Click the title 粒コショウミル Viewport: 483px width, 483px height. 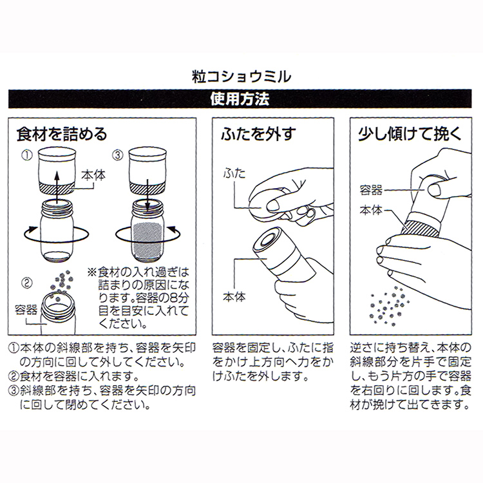click(241, 76)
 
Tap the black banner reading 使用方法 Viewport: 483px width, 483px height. click(241, 100)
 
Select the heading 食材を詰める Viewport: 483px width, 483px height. click(61, 135)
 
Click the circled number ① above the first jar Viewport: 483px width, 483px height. click(27, 155)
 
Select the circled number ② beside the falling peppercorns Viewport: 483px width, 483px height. click(27, 281)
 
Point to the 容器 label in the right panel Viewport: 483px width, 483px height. click(372, 190)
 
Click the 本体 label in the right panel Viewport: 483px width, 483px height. click(372, 210)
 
